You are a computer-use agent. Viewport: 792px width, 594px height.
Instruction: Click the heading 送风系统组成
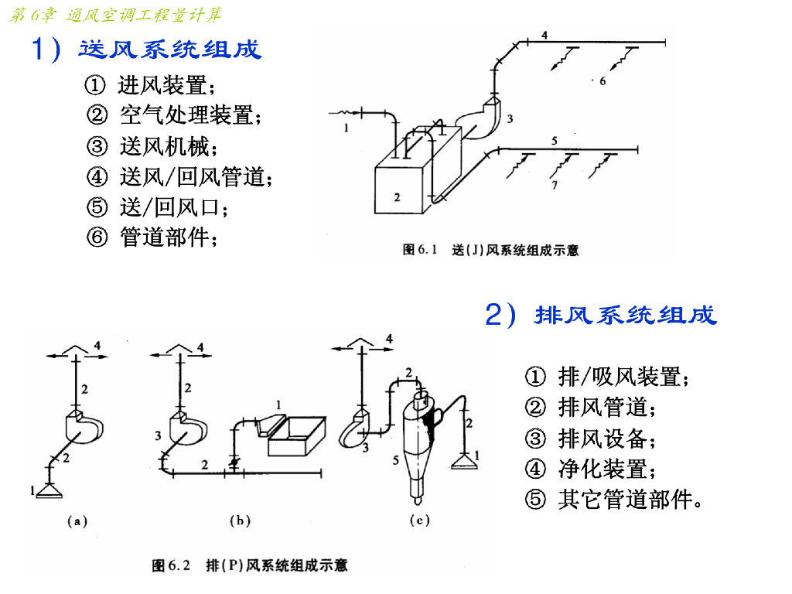(170, 50)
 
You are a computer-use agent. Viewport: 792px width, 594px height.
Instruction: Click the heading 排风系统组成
(625, 316)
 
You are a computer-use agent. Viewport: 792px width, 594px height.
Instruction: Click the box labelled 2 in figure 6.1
(398, 189)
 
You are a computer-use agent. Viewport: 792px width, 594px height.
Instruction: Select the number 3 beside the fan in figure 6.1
(510, 118)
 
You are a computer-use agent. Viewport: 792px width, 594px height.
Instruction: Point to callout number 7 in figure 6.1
(555, 186)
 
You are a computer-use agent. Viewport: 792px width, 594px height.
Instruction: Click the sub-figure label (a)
(77, 521)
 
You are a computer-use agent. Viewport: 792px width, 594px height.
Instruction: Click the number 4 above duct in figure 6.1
(544, 35)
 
